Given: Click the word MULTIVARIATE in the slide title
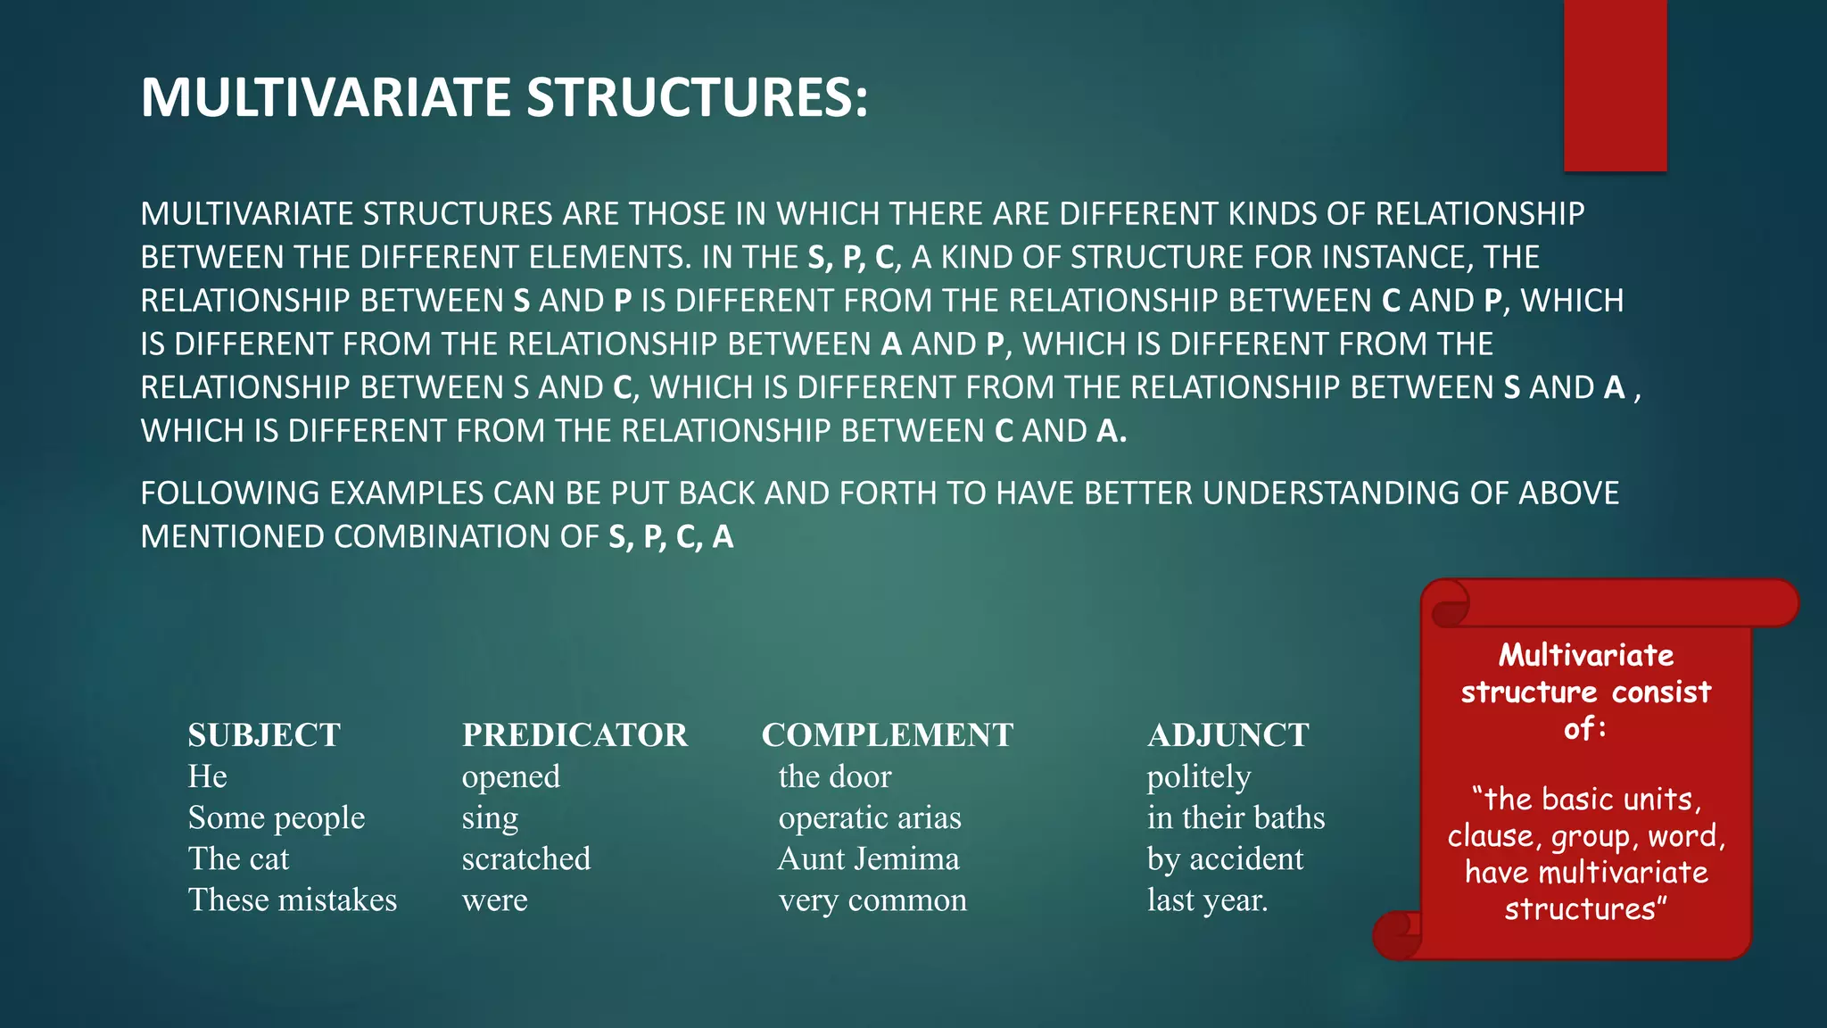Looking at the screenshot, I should (327, 97).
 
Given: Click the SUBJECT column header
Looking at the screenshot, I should (264, 735).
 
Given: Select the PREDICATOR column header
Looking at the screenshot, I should (575, 735).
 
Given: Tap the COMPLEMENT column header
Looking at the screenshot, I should (887, 735).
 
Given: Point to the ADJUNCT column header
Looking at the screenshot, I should (1228, 735).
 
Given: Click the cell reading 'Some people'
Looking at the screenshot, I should (277, 818).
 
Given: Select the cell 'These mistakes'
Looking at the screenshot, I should (293, 900).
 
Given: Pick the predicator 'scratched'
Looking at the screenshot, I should (526, 859).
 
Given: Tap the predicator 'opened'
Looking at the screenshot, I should (511, 777).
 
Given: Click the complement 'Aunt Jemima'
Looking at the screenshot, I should (869, 859).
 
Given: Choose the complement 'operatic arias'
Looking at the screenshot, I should (870, 818).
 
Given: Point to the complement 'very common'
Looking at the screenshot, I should (872, 900).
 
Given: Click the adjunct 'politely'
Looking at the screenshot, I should (1199, 777).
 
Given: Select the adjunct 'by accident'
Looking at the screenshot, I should (1225, 859).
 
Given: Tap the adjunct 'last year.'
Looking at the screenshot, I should (1207, 900).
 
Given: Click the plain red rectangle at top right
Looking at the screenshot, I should (1615, 85).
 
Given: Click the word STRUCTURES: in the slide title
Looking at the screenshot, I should (697, 97).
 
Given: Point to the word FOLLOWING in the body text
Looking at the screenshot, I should (230, 493).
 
